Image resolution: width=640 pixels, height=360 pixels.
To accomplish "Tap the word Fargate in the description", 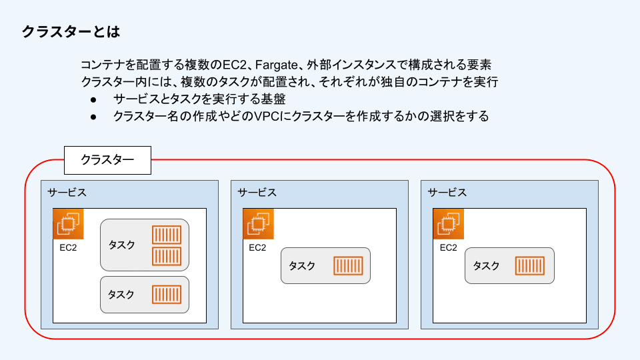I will (x=279, y=65).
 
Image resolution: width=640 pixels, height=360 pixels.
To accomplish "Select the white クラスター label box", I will (x=107, y=160).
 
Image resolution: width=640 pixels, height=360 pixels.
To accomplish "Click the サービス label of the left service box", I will (x=67, y=193).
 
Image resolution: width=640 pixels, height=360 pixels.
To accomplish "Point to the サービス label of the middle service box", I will (x=257, y=193).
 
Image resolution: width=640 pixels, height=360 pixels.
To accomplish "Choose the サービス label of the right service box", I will (x=447, y=193).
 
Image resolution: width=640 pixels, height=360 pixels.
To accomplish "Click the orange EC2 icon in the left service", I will (x=68, y=223).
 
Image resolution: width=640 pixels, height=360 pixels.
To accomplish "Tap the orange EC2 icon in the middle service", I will (x=258, y=223).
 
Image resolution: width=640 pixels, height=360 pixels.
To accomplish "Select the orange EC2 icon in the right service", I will (x=448, y=223).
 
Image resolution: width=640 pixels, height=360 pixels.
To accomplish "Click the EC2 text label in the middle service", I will (x=257, y=248).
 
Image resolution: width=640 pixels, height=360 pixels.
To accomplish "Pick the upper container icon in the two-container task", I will (x=167, y=235).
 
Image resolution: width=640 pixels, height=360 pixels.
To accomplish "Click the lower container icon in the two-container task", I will (x=167, y=256).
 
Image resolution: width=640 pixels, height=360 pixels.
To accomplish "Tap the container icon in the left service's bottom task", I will (x=167, y=294).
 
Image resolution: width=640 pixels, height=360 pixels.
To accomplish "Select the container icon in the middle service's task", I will (x=348, y=265).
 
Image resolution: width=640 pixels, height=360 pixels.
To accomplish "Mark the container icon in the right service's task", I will (x=530, y=265).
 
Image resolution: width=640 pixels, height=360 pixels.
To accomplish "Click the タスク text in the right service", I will (x=486, y=265).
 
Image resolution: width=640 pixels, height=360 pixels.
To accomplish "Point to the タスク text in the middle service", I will (x=302, y=265).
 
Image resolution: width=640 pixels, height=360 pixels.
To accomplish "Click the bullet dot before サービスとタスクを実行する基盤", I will (x=94, y=99).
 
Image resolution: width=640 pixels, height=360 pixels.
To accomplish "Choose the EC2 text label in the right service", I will (x=448, y=248).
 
